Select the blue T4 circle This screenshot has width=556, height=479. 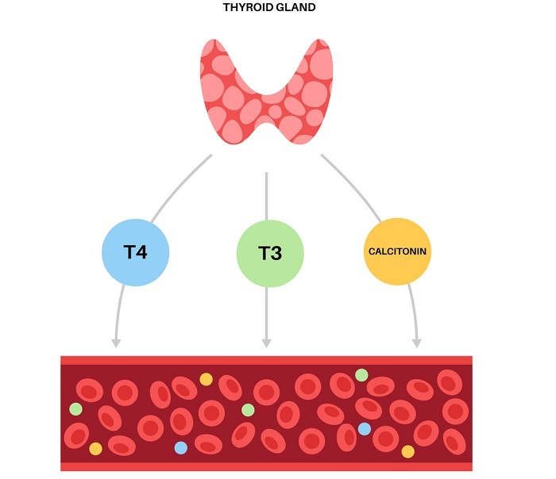(136, 252)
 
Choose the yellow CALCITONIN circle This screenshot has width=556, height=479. (397, 252)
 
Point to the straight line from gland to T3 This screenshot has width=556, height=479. (266, 198)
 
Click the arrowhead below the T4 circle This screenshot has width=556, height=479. (116, 343)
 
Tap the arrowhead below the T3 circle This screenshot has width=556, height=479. (267, 343)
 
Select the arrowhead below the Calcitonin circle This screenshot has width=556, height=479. (416, 343)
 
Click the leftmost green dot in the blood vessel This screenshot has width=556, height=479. (75, 409)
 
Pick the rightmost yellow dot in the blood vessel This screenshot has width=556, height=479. (408, 451)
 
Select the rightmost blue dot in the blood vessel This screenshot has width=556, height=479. (364, 429)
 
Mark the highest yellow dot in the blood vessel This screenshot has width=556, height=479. (207, 379)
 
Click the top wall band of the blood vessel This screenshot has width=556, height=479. (267, 360)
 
